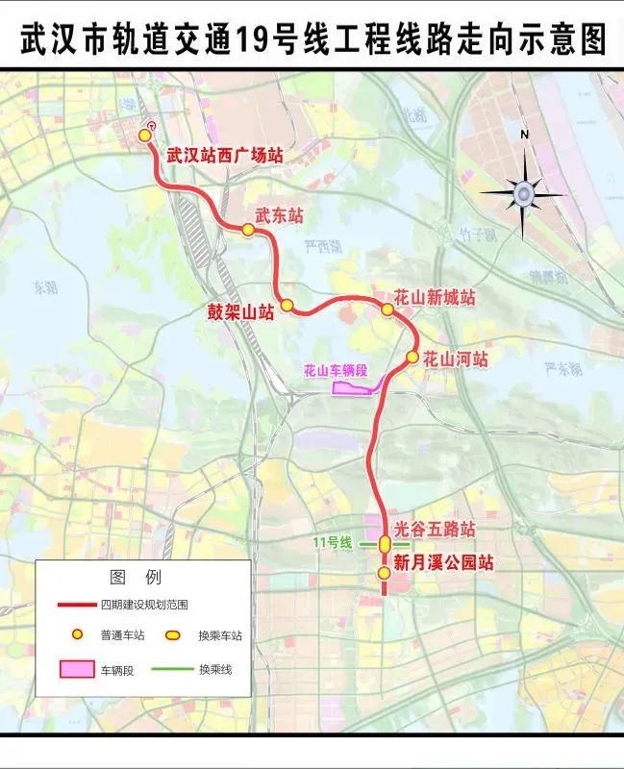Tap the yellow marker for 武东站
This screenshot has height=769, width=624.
click(248, 230)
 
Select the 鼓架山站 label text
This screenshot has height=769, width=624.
click(241, 310)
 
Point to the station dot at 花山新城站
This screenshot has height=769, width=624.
click(387, 310)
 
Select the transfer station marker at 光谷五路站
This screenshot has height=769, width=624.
click(385, 544)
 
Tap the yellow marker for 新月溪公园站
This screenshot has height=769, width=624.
click(384, 573)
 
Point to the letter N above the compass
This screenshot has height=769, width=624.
click(524, 135)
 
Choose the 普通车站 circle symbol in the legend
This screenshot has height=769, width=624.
click(75, 635)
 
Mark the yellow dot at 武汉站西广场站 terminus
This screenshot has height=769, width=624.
click(146, 136)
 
